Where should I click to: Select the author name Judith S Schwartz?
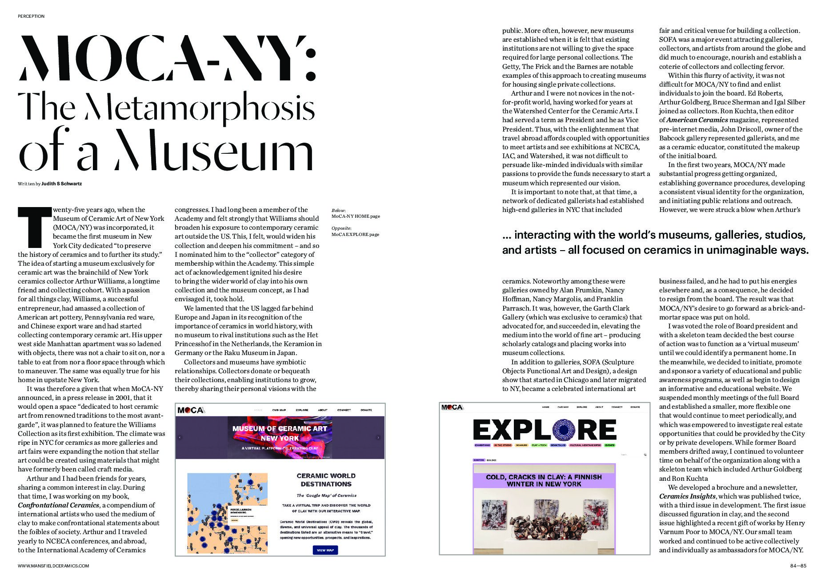61,184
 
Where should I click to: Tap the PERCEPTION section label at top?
31,16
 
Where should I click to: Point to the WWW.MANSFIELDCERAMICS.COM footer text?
53,566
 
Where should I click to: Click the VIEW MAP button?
325,550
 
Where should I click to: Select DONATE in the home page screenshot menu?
366,410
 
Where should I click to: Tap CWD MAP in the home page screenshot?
279,410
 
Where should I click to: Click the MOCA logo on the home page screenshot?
191,410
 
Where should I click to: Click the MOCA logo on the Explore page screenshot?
452,407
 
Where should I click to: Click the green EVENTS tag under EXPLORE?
609,445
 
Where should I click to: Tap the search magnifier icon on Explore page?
645,455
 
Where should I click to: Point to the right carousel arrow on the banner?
378,437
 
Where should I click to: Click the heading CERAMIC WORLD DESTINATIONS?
326,480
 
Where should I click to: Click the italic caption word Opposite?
341,228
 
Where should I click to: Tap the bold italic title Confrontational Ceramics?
58,505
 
